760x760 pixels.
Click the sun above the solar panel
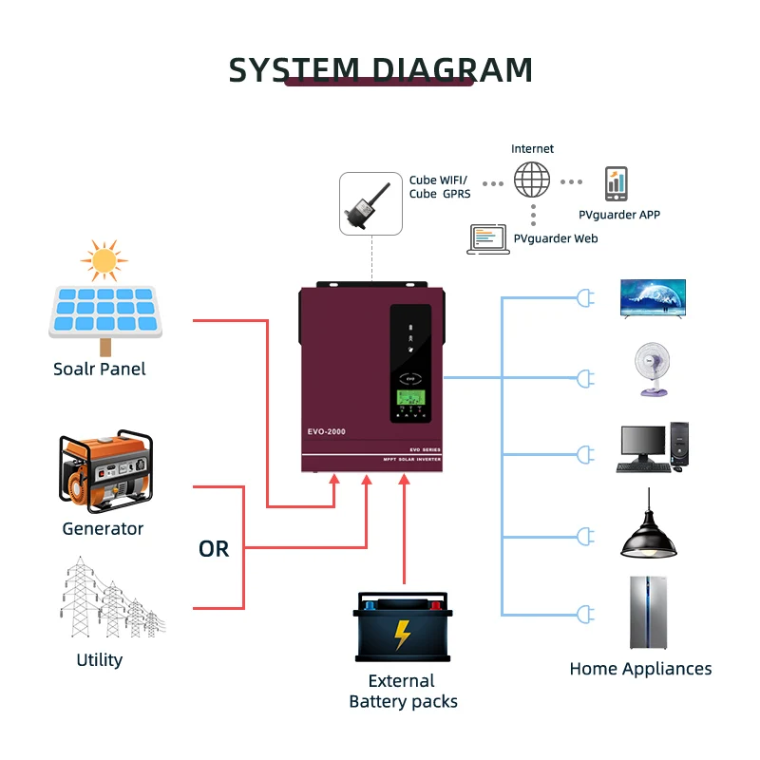(104, 259)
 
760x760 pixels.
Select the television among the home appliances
(652, 297)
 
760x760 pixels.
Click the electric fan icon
(652, 370)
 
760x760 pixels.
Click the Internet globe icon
(532, 180)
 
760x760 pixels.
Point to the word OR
(214, 549)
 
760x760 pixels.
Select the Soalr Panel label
(100, 369)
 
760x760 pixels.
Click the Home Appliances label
(640, 669)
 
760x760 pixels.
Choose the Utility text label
(100, 659)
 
